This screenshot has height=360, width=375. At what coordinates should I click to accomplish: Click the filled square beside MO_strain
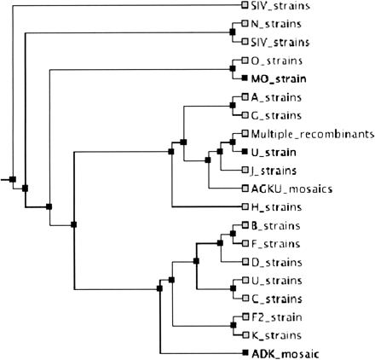(x=245, y=78)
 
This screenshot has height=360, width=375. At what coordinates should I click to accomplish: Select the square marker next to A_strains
(x=245, y=97)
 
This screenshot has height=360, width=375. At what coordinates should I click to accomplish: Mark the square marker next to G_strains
(x=245, y=115)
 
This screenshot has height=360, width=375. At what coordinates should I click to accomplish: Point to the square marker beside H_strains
(x=245, y=206)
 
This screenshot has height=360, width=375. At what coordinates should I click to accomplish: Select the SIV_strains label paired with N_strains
(x=280, y=42)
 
